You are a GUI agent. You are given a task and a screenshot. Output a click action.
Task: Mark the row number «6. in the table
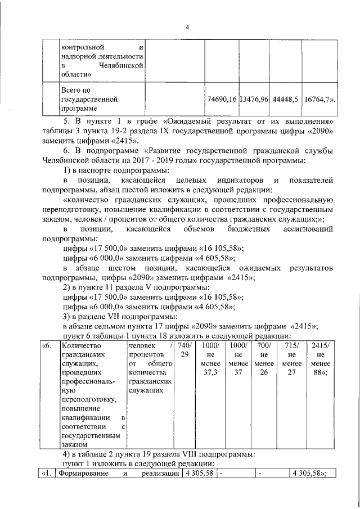(48, 346)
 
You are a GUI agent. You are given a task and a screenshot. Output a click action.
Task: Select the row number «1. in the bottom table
(48, 474)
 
